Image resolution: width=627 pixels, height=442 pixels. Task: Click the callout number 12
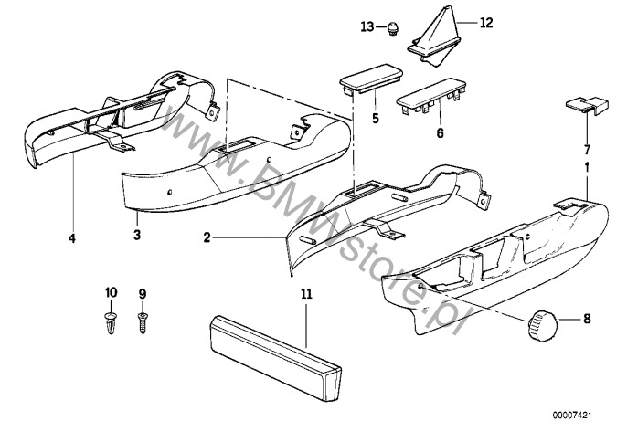coord(485,21)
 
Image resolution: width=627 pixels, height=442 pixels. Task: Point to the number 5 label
coord(375,118)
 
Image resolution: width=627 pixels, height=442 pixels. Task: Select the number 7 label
coord(588,147)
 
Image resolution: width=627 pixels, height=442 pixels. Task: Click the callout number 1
coord(587,169)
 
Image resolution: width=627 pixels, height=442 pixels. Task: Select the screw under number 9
coord(142,321)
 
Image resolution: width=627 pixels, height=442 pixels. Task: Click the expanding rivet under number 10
coord(112,321)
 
